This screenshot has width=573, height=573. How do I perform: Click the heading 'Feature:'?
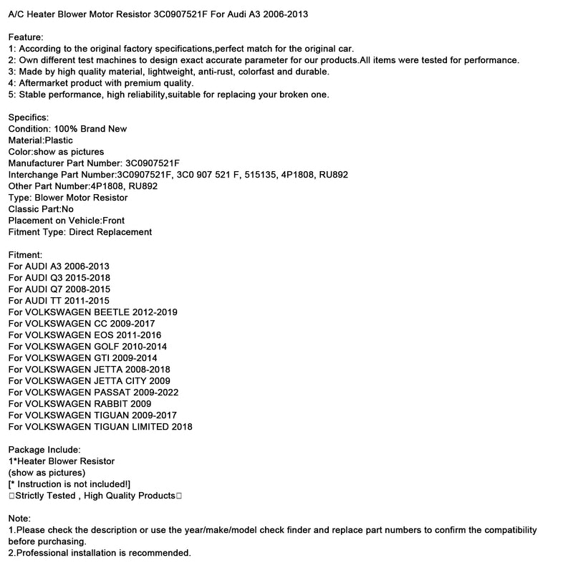click(26, 37)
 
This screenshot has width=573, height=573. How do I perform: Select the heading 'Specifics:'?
click(29, 117)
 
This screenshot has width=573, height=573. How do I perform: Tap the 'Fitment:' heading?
click(26, 254)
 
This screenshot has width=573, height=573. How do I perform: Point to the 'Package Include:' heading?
click(44, 449)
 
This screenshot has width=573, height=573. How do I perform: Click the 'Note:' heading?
click(20, 518)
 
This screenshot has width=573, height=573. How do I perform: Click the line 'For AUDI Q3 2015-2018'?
click(59, 277)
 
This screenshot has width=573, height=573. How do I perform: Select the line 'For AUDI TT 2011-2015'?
click(59, 300)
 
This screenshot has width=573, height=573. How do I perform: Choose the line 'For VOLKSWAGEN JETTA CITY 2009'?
click(90, 380)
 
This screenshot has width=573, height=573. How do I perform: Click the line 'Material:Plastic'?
click(41, 140)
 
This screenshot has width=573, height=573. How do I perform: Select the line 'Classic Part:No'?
click(41, 208)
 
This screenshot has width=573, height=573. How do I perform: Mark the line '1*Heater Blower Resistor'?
click(62, 461)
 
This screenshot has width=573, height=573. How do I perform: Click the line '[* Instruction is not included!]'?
click(69, 483)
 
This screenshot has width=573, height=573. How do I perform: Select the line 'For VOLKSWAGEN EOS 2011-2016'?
click(85, 334)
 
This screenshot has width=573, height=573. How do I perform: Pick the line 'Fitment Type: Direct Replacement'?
click(80, 231)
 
